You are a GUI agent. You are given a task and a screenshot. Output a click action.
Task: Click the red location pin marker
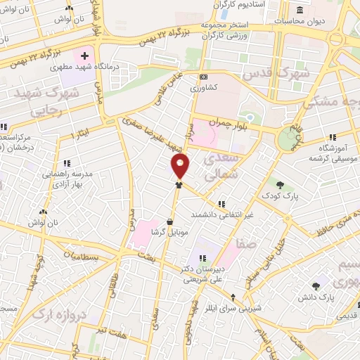[181, 166]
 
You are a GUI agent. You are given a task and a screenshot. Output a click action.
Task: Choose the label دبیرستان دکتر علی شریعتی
[205, 274]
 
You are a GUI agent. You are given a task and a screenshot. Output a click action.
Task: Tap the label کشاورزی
[205, 89]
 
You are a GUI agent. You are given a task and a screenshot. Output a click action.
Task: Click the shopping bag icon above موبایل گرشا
[169, 221]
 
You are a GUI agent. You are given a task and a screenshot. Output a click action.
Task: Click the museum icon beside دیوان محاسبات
[300, 10]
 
